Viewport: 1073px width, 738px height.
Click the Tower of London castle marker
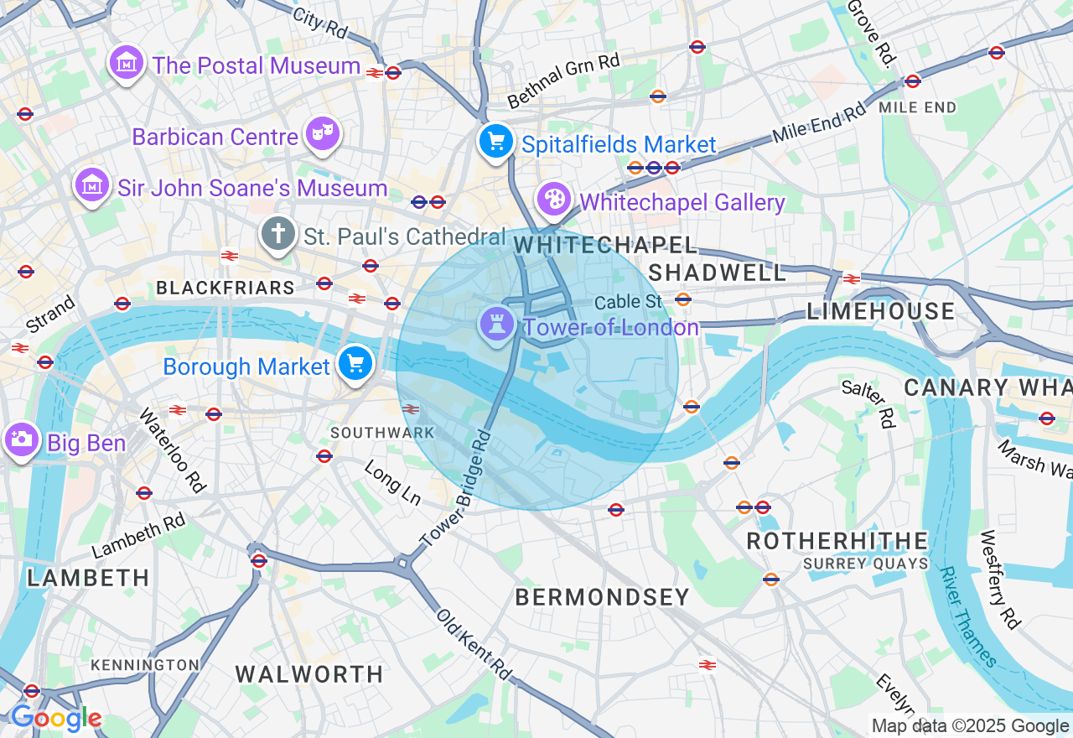(496, 325)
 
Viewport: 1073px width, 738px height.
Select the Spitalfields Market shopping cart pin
(496, 141)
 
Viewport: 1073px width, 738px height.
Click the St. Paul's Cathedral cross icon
(278, 234)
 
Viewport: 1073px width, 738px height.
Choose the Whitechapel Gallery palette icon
(553, 200)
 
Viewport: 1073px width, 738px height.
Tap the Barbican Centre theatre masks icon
(322, 134)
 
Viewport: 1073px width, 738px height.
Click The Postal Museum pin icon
(127, 62)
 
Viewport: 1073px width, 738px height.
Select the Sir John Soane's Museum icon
(92, 185)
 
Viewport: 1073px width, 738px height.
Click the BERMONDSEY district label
(602, 597)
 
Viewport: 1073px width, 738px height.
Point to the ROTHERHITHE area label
(837, 541)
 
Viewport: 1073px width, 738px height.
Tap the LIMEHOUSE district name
(880, 312)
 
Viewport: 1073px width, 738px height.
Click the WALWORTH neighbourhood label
(309, 674)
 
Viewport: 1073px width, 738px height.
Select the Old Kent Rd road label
(474, 643)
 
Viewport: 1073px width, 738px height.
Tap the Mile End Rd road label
(818, 122)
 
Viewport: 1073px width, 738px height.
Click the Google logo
(56, 719)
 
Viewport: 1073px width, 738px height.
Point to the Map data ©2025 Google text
(970, 726)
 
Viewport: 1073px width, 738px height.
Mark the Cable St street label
(628, 302)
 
